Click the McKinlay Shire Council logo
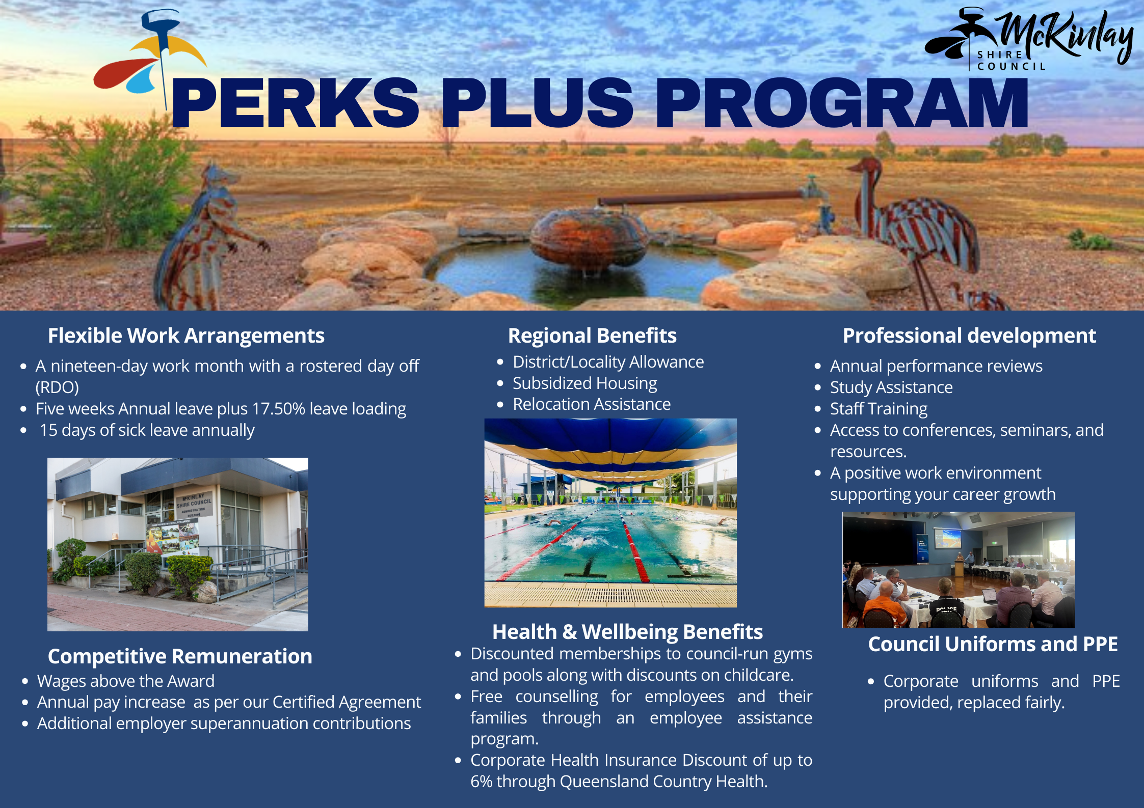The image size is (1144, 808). (x=1029, y=40)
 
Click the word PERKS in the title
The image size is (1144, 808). (x=296, y=102)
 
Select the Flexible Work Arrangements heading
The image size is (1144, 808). (x=186, y=336)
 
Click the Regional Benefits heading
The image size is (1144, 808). (x=592, y=336)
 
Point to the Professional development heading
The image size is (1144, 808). (x=969, y=336)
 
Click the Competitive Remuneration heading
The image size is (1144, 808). (x=180, y=657)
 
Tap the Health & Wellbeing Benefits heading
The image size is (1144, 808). (x=627, y=632)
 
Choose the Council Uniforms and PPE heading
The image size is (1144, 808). (x=993, y=644)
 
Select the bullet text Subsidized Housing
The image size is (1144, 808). (x=584, y=383)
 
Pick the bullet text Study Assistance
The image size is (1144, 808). (x=891, y=387)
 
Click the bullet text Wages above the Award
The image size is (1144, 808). (x=125, y=681)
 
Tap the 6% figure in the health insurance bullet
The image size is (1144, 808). (x=481, y=782)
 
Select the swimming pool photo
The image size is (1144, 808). (x=610, y=513)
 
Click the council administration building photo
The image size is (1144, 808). (x=178, y=544)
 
